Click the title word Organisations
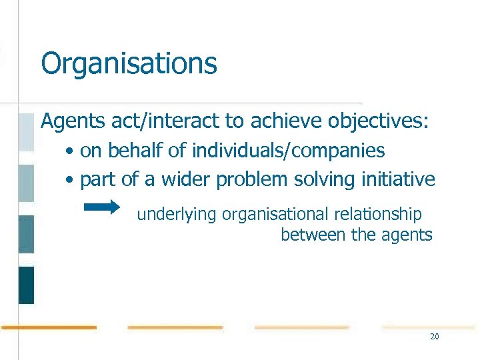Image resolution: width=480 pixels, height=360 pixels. click(129, 64)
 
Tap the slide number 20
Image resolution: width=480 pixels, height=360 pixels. click(435, 337)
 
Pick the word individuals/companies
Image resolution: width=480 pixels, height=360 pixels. click(288, 151)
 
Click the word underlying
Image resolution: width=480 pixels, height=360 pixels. click(177, 215)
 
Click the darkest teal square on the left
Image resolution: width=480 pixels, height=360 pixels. click(26, 285)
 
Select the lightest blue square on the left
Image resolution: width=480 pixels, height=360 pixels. click(26, 132)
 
